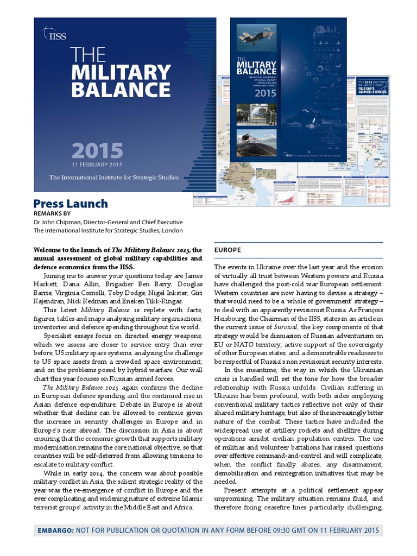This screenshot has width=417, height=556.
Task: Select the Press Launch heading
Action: tap(71, 204)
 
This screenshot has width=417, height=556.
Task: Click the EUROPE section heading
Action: tap(228, 250)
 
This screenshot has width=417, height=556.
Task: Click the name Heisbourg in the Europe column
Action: tap(230, 318)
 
